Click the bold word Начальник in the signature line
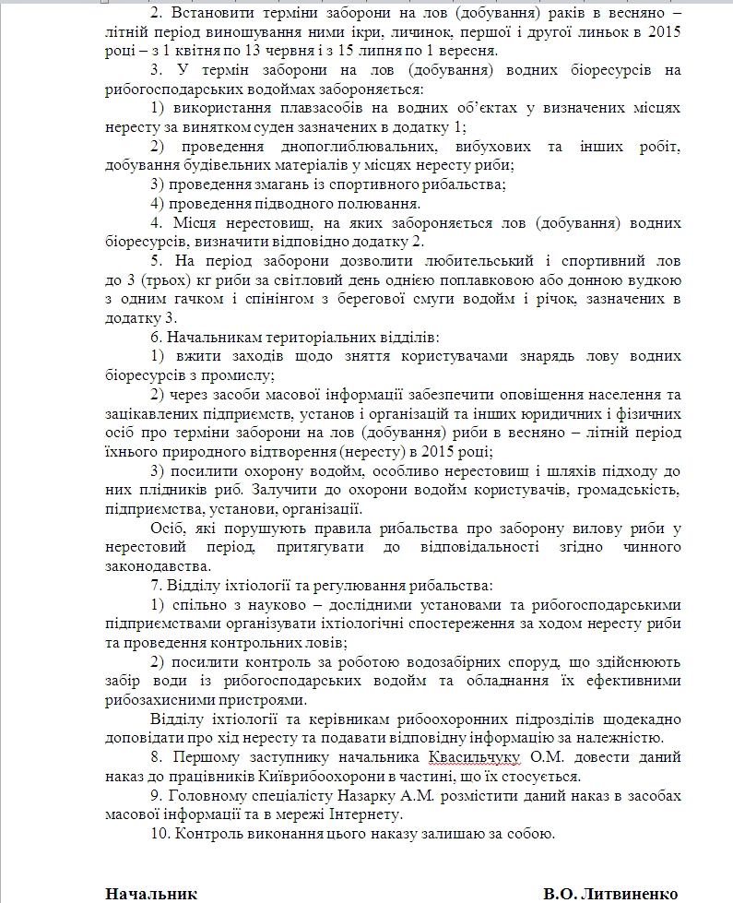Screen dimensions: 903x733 click(151, 893)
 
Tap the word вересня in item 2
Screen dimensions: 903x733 click(467, 50)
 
